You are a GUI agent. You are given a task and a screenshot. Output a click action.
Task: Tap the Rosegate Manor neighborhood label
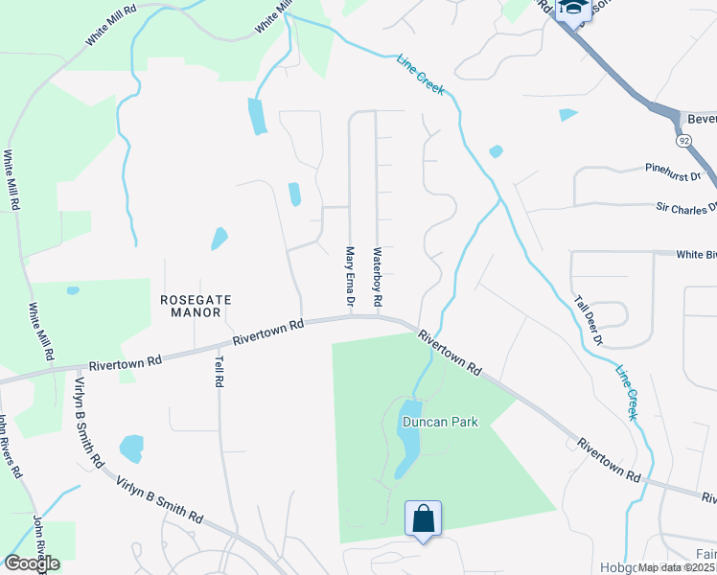(196, 306)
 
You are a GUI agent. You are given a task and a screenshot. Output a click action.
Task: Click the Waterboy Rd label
(378, 279)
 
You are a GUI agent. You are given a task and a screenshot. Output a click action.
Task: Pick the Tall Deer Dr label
(589, 320)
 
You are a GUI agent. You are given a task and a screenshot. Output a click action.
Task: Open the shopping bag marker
(423, 518)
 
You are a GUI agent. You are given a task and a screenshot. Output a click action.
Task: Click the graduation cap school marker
(574, 9)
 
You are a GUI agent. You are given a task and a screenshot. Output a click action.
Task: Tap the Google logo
(32, 563)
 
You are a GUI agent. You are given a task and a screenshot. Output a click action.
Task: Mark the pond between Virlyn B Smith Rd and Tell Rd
(131, 448)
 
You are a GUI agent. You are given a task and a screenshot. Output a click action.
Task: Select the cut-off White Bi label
(696, 255)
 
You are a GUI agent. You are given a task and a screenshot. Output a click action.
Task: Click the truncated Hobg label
(614, 567)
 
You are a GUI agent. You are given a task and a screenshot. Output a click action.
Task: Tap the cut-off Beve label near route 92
(702, 120)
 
